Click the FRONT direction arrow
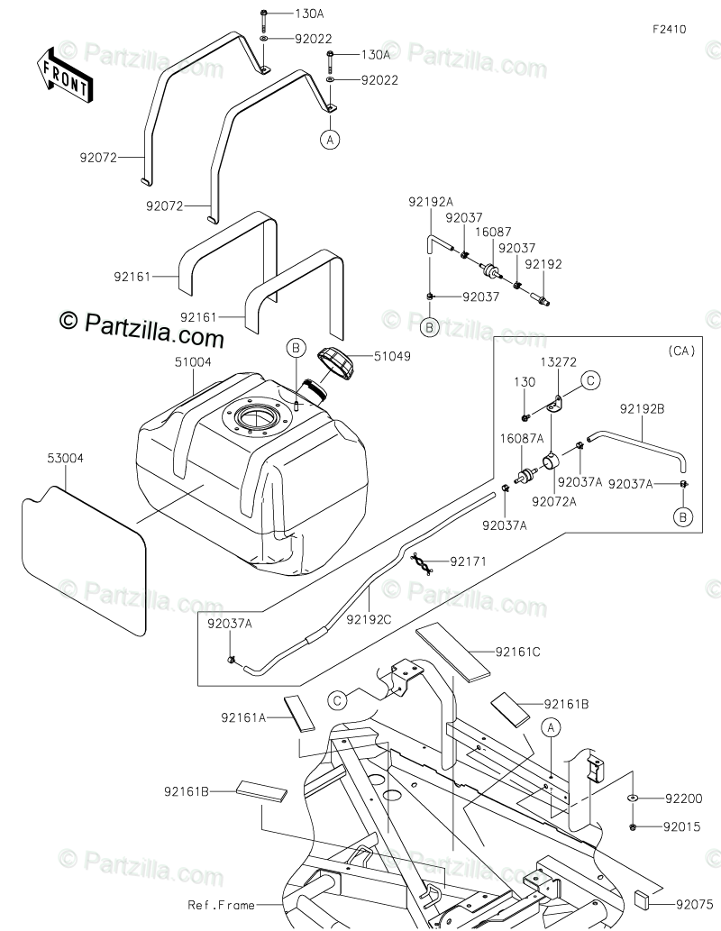click(x=63, y=74)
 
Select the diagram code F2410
click(x=670, y=29)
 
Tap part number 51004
click(x=193, y=361)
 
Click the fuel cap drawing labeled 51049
click(x=336, y=361)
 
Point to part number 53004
click(x=65, y=458)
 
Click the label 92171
click(x=468, y=561)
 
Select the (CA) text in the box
click(x=681, y=351)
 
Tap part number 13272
click(x=558, y=361)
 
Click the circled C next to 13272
click(x=590, y=380)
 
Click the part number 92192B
click(x=642, y=408)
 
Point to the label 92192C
click(x=369, y=620)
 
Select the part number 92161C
click(x=518, y=652)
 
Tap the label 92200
click(x=683, y=799)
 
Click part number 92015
click(x=682, y=826)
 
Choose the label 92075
click(x=694, y=904)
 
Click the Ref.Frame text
click(x=222, y=905)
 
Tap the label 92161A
click(x=243, y=717)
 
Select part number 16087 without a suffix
click(x=493, y=233)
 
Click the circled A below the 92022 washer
click(x=330, y=140)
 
